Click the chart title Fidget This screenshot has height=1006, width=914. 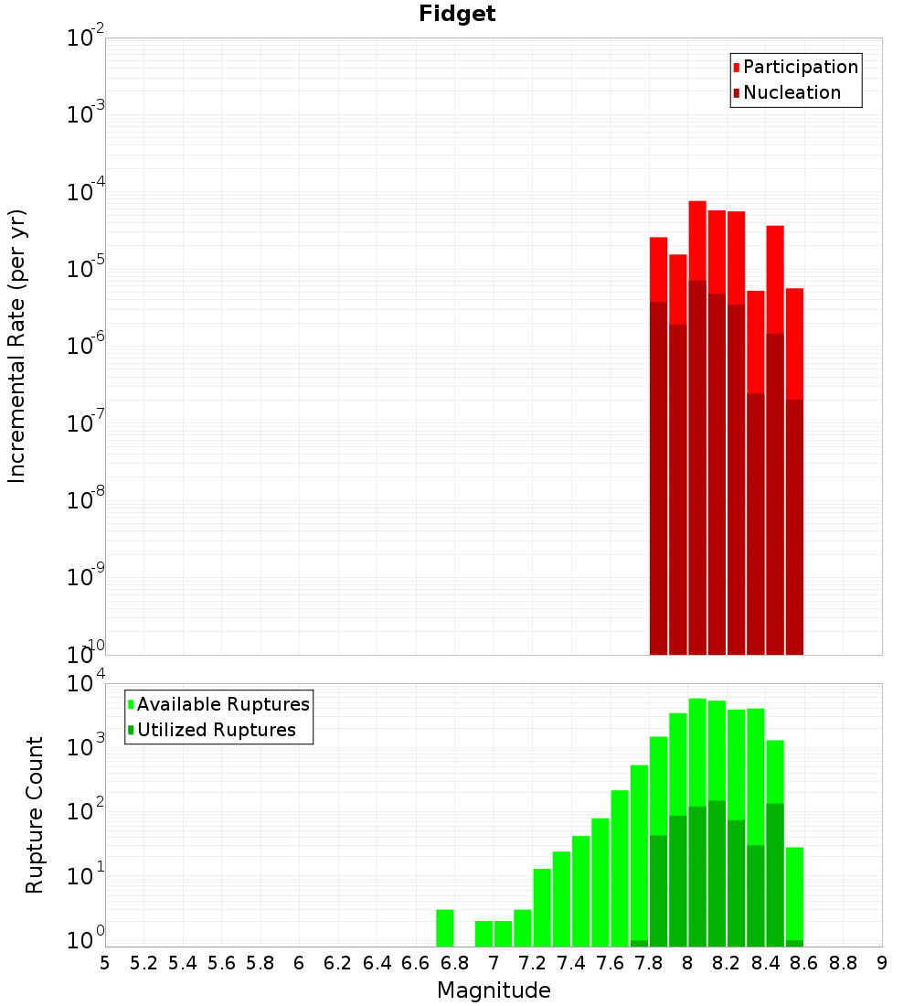click(x=457, y=14)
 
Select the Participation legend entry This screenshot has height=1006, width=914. click(x=800, y=67)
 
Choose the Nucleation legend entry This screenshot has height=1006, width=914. click(x=792, y=92)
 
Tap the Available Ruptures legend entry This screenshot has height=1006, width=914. click(x=223, y=704)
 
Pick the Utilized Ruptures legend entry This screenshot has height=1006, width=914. click(x=216, y=730)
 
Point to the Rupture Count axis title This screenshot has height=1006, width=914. click(x=35, y=814)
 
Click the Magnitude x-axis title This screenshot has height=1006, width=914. click(x=494, y=990)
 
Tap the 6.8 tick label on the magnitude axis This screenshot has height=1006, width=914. click(x=454, y=963)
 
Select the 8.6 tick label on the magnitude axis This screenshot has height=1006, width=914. click(x=804, y=963)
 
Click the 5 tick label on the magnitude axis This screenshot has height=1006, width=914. click(x=105, y=963)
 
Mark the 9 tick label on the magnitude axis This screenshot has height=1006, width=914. click(x=882, y=963)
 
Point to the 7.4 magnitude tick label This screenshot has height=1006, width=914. click(x=571, y=963)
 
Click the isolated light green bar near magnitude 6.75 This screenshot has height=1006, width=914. click(x=445, y=927)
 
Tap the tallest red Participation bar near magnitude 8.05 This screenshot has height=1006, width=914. click(x=697, y=238)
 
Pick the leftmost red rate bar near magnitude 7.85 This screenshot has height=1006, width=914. click(x=658, y=269)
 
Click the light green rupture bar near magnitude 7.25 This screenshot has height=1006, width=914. click(x=542, y=906)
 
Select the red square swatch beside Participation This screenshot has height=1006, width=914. click(x=736, y=67)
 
